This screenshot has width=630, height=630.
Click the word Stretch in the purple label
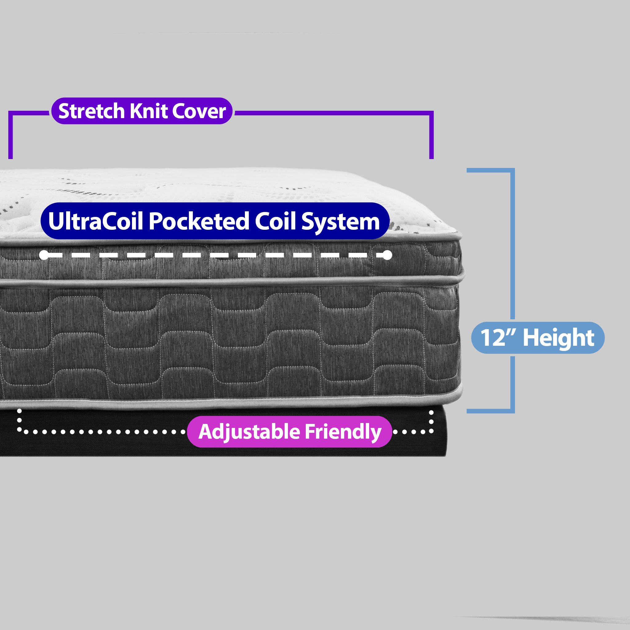coord(92,111)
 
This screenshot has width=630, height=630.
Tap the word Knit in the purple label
coord(149,111)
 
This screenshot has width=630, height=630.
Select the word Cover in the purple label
coord(199,111)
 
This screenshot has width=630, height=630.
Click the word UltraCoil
coord(96,221)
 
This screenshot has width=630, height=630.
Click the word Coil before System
coord(275,221)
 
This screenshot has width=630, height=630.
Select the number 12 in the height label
coord(493,338)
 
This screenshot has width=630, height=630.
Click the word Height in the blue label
coord(559,338)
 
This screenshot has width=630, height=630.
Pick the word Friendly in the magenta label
coord(343,432)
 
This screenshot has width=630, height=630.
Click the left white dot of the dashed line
coord(44,255)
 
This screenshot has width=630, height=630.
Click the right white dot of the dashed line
coord(387,255)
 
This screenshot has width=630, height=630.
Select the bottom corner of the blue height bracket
coord(512,411)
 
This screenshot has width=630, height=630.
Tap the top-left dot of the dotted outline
coord(20,411)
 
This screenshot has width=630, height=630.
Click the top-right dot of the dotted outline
coord(431,413)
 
